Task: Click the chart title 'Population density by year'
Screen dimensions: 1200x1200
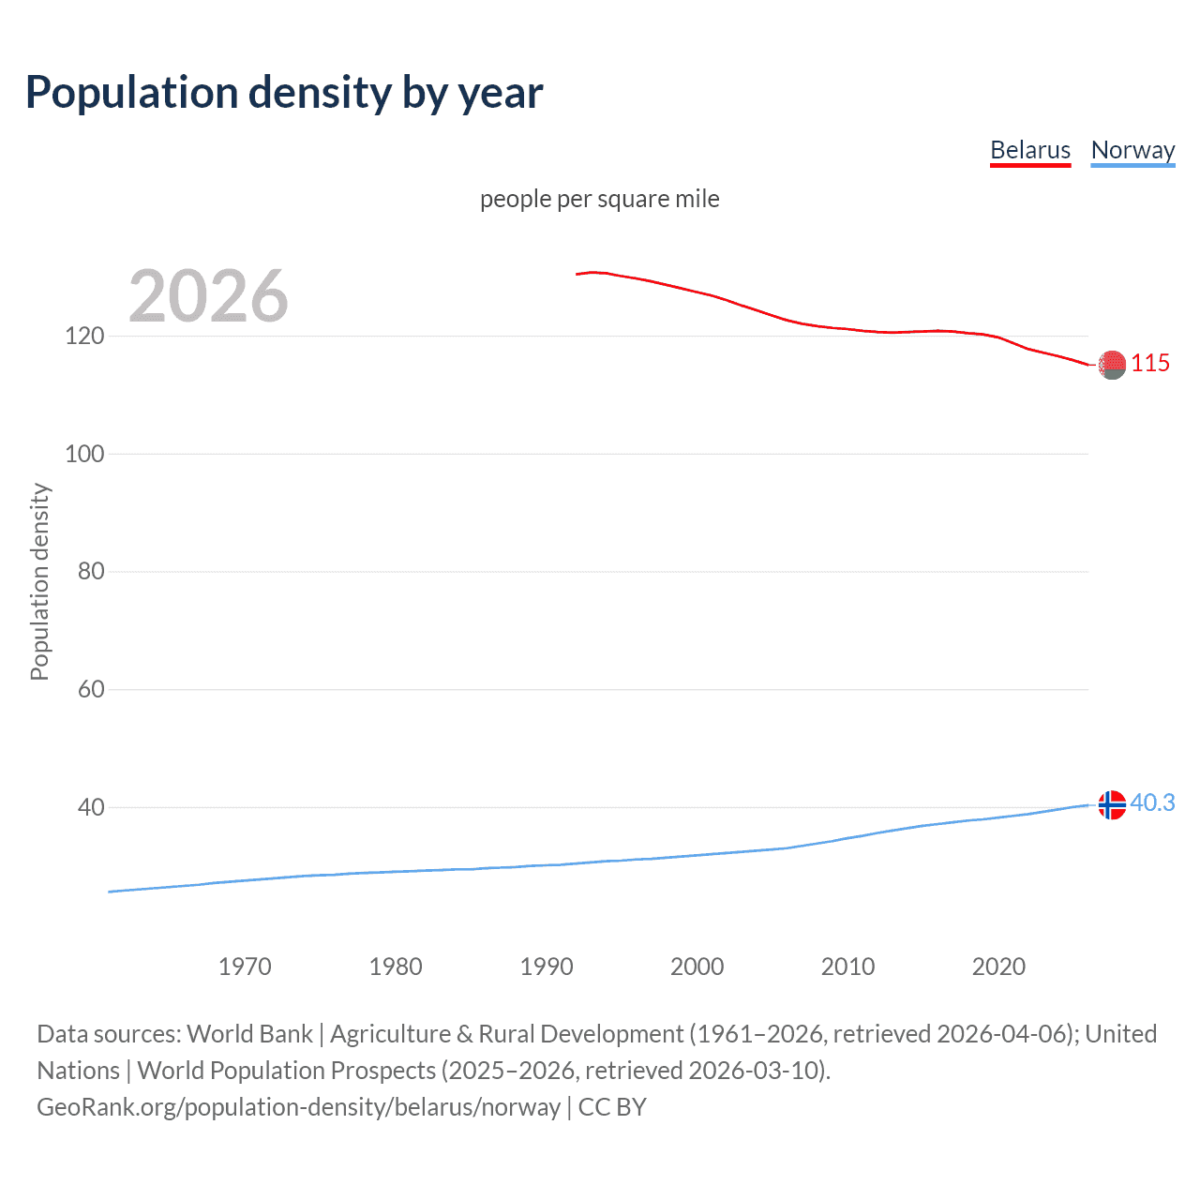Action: tap(284, 93)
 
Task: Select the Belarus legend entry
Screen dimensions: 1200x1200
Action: tap(1030, 150)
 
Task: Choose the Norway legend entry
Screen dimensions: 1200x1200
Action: tap(1132, 150)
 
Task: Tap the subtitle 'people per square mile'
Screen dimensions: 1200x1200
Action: tap(600, 199)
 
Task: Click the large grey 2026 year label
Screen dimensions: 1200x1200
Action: tap(208, 296)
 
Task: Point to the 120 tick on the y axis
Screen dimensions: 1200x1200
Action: tap(84, 336)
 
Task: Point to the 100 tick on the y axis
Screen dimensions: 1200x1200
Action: tap(84, 454)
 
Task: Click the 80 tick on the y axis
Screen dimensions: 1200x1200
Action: tap(91, 571)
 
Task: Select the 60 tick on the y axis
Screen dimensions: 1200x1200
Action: tap(91, 689)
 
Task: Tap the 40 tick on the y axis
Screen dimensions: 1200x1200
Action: tap(91, 807)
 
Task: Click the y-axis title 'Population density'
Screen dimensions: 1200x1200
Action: tap(39, 581)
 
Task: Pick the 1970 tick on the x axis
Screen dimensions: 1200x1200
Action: tap(245, 967)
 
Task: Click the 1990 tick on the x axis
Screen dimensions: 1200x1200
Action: tap(547, 967)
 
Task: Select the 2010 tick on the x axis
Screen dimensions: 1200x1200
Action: tap(847, 967)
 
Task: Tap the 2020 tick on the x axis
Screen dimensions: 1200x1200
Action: tap(998, 967)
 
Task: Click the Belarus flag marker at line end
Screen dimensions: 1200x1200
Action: tap(1112, 365)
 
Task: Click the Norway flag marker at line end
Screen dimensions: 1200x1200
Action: tap(1112, 804)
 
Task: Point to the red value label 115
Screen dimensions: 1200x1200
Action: tap(1150, 363)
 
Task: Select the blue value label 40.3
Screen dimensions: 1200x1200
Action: tap(1152, 803)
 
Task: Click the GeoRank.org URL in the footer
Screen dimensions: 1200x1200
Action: tap(298, 1107)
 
